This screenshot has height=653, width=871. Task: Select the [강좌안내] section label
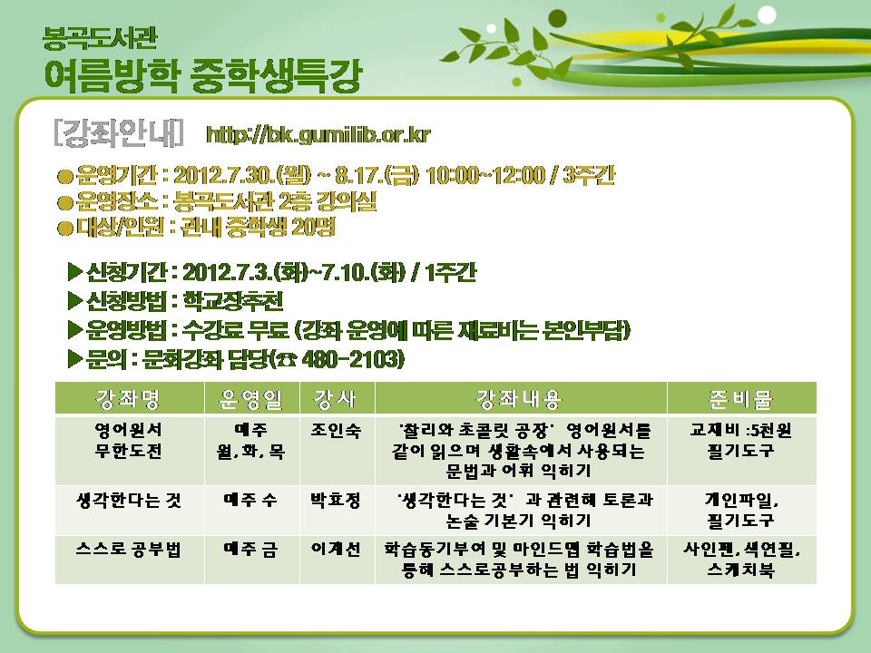117,133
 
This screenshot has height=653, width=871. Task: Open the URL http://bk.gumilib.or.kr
318,135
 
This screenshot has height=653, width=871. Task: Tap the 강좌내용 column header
520,399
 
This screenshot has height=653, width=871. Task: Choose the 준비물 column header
740,399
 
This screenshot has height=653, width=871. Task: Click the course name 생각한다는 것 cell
131,500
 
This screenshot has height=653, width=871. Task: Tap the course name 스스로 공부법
131,549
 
